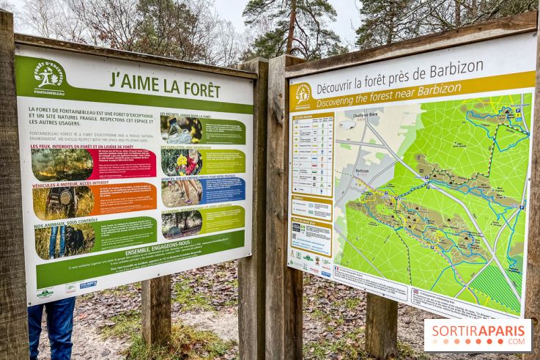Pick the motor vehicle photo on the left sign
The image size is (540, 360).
[x=63, y=202]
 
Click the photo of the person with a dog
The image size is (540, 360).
[x=64, y=240]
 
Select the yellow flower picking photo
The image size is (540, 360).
[x=181, y=162]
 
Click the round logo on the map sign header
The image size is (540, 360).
[x=302, y=95]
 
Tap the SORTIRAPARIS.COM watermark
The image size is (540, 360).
[x=477, y=334]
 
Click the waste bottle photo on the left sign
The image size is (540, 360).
[x=181, y=129]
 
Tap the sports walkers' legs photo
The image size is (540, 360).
[x=181, y=193]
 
